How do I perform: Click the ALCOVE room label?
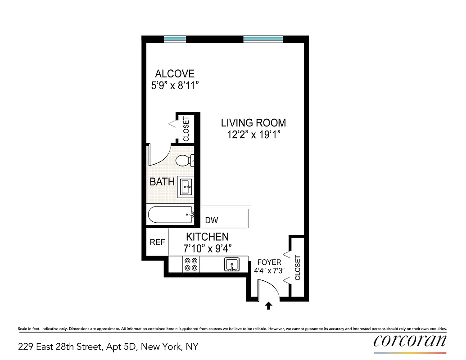click(x=175, y=74)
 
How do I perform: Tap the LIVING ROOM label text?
click(x=253, y=122)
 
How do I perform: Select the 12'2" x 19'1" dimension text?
click(x=253, y=135)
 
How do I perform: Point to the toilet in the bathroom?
click(x=183, y=161)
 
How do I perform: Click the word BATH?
click(x=162, y=182)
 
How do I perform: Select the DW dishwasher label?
click(x=211, y=220)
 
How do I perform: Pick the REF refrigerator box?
click(x=157, y=243)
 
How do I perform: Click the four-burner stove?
click(x=191, y=264)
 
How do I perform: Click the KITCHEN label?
click(x=208, y=237)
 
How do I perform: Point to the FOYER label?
click(x=269, y=262)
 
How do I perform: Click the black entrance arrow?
click(x=268, y=306)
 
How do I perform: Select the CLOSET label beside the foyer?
click(x=297, y=268)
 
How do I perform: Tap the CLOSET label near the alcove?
click(x=186, y=128)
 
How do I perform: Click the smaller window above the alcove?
click(x=175, y=39)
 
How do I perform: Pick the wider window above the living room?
click(x=263, y=39)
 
